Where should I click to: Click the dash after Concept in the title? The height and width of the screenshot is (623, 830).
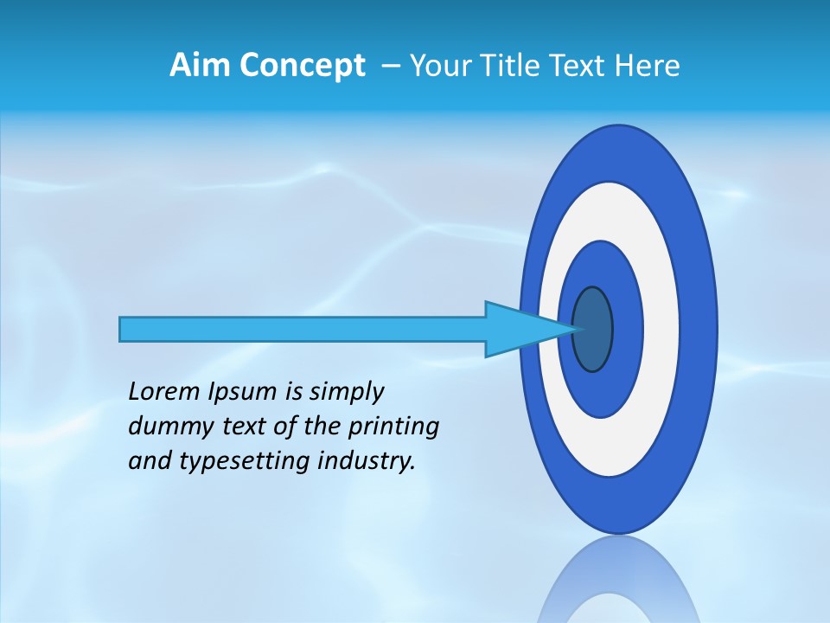(x=391, y=67)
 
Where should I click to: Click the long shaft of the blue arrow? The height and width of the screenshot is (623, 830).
(x=303, y=329)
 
